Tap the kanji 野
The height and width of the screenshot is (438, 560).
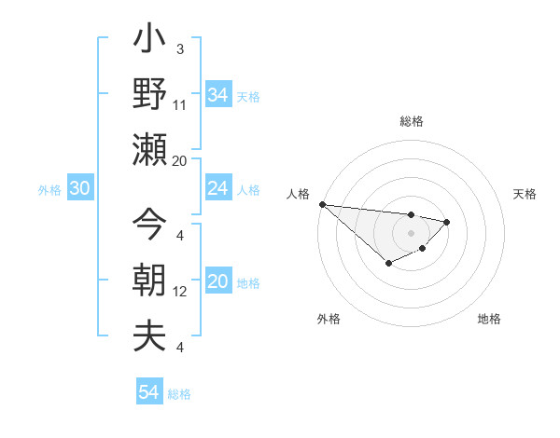(x=150, y=94)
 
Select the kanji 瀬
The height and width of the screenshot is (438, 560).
(x=150, y=149)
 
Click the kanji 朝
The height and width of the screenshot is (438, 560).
(x=150, y=281)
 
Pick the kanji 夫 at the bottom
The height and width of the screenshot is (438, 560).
(x=150, y=335)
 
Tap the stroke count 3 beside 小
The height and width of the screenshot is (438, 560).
(x=180, y=48)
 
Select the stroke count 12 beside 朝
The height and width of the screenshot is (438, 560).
(x=180, y=292)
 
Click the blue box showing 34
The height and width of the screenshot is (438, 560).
(x=217, y=94)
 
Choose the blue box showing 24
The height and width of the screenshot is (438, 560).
(x=217, y=189)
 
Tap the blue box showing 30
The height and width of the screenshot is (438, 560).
(x=79, y=189)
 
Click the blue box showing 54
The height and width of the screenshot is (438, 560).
(x=148, y=392)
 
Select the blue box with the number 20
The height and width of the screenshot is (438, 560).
(x=217, y=282)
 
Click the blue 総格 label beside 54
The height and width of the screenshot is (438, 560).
(x=179, y=394)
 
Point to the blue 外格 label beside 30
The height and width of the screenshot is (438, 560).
(x=49, y=190)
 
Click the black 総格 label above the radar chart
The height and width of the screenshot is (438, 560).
(x=411, y=121)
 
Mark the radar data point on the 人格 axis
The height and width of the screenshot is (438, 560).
(x=322, y=203)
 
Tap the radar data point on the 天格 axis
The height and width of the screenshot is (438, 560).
(x=447, y=222)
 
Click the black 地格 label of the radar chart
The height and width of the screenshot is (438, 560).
(x=489, y=319)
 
